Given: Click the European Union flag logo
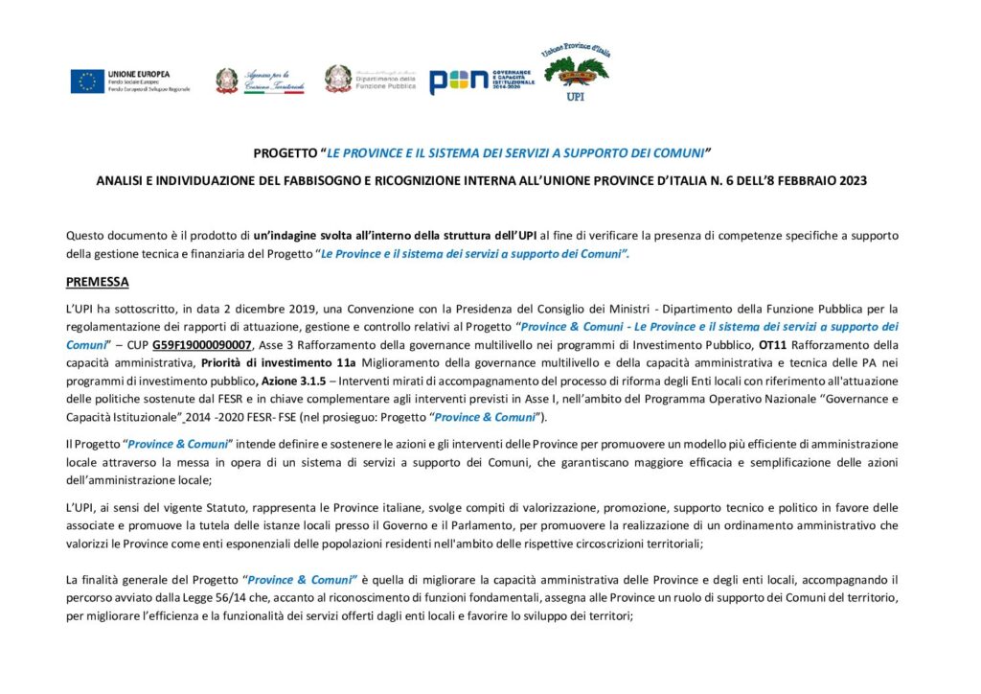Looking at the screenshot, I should tap(86, 81).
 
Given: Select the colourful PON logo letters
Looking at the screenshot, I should tap(459, 82).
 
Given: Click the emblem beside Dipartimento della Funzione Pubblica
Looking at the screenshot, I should tap(338, 79).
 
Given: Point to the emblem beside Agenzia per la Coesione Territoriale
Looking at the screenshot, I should tap(227, 81).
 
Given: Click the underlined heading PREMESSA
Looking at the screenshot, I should tap(97, 282).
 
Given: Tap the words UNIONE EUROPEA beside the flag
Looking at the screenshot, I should tap(139, 74).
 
